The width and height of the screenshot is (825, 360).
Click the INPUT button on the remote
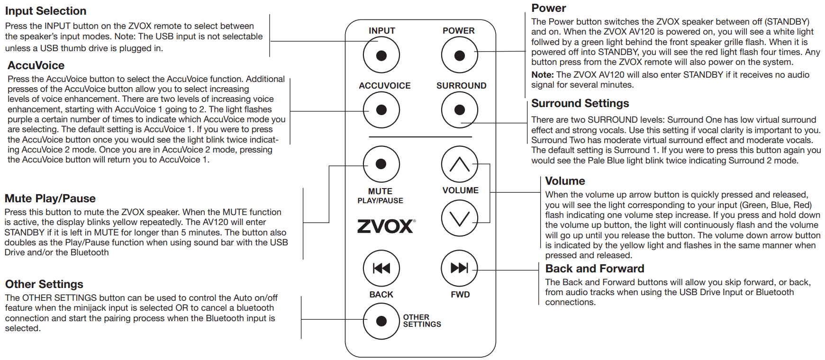pos(381,55)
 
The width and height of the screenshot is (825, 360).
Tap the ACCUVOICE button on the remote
pos(381,110)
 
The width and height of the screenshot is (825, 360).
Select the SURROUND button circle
pos(459,110)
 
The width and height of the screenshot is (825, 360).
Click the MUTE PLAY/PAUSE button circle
pos(381,164)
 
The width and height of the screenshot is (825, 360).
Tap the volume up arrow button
pos(459,164)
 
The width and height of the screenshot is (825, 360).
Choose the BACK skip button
pos(381,268)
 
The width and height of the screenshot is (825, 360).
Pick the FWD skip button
pos(459,268)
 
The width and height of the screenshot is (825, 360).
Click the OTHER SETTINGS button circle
pos(381,321)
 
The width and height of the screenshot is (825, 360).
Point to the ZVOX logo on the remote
pos(386,226)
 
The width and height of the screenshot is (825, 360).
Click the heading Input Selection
pos(45,11)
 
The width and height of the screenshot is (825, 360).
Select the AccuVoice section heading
pos(36,65)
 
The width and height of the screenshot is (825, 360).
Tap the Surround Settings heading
pos(580,103)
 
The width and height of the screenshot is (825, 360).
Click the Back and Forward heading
pos(595,269)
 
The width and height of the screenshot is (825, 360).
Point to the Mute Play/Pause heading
pos(50,198)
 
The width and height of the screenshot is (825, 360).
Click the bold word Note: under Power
pos(543,75)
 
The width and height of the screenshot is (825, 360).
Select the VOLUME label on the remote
pos(460,190)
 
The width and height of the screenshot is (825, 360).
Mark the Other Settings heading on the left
pos(44,284)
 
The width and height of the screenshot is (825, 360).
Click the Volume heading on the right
pos(565,181)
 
